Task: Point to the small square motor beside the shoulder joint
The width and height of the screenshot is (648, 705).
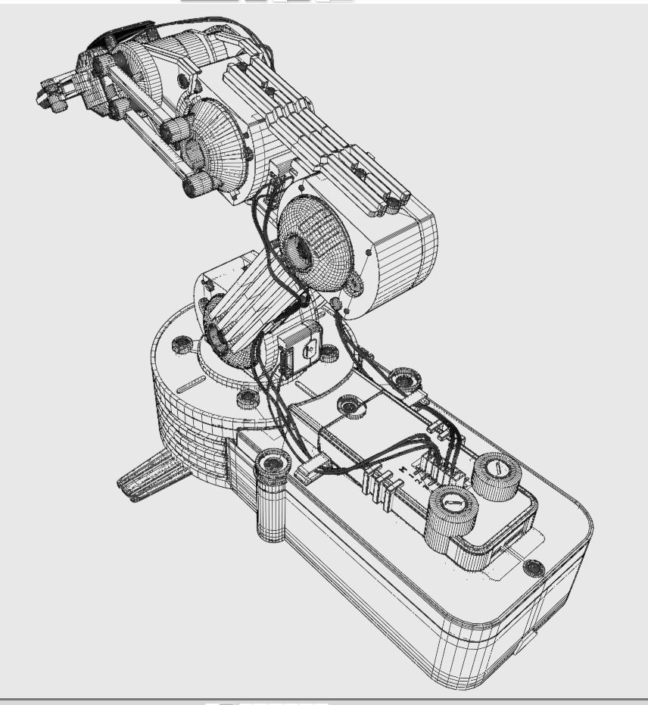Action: tap(297, 351)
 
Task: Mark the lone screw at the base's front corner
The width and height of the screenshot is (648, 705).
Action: tap(534, 566)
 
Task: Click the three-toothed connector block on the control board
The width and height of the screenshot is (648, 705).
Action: tap(382, 482)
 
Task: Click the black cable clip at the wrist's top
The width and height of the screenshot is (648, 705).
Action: tap(121, 36)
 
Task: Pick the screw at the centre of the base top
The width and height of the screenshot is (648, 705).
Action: tap(348, 406)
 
